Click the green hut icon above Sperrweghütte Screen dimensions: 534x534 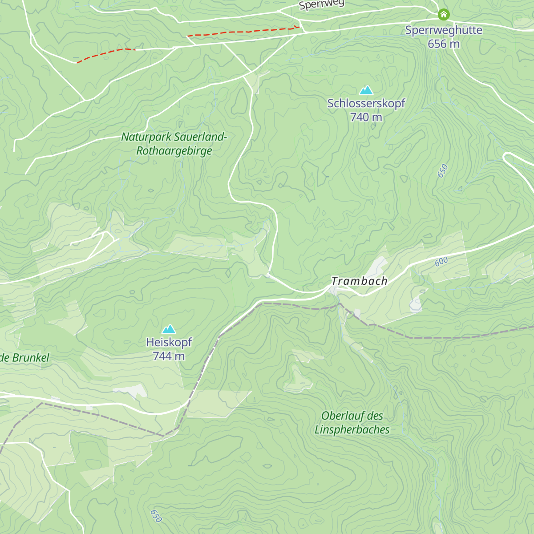click(x=443, y=15)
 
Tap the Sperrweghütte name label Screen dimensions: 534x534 click(x=443, y=30)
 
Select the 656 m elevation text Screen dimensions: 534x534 click(x=443, y=44)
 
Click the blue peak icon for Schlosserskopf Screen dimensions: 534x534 click(x=366, y=90)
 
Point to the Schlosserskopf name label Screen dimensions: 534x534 click(x=366, y=103)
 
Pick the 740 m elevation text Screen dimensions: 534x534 click(x=366, y=117)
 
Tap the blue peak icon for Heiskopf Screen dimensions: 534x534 click(x=169, y=329)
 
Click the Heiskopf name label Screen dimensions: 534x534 click(x=169, y=342)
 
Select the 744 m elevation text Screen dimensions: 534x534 click(x=169, y=356)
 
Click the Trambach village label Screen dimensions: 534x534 click(x=359, y=281)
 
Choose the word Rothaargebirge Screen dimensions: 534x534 click(x=174, y=151)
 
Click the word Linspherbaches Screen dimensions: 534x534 click(x=352, y=430)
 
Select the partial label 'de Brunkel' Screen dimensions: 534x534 click(x=25, y=358)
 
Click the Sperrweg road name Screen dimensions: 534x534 click(x=321, y=4)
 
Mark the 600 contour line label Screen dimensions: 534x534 click(x=441, y=262)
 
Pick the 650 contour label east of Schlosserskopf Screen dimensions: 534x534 click(x=442, y=171)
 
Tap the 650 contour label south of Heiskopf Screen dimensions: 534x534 click(x=156, y=516)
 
